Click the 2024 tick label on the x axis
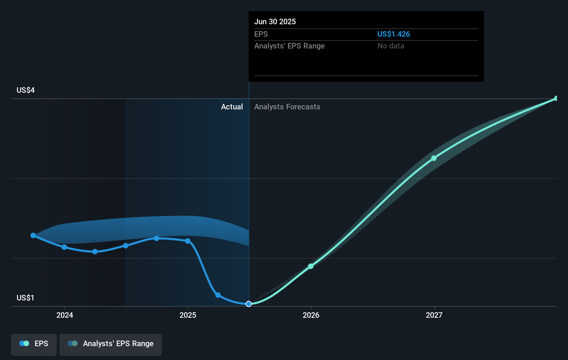pyautogui.click(x=65, y=315)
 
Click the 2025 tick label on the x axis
pyautogui.click(x=188, y=315)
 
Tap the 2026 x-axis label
pyautogui.click(x=311, y=315)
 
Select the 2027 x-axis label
pyautogui.click(x=434, y=315)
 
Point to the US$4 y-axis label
pyautogui.click(x=26, y=90)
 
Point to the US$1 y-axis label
pyautogui.click(x=25, y=298)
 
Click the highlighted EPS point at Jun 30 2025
pyautogui.click(x=249, y=304)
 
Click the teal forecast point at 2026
pyautogui.click(x=311, y=266)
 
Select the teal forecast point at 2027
pyautogui.click(x=434, y=158)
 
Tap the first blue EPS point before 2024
pyautogui.click(x=33, y=235)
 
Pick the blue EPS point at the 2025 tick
pyautogui.click(x=187, y=241)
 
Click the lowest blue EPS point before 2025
pyautogui.click(x=95, y=252)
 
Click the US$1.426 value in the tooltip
pyautogui.click(x=393, y=34)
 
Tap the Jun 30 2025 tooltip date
pyautogui.click(x=275, y=22)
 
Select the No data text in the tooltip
pyautogui.click(x=391, y=46)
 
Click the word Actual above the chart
pyautogui.click(x=232, y=107)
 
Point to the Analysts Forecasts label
pyautogui.click(x=287, y=107)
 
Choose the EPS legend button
pyautogui.click(x=34, y=344)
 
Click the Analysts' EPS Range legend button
pyautogui.click(x=111, y=344)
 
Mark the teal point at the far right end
pyautogui.click(x=556, y=99)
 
